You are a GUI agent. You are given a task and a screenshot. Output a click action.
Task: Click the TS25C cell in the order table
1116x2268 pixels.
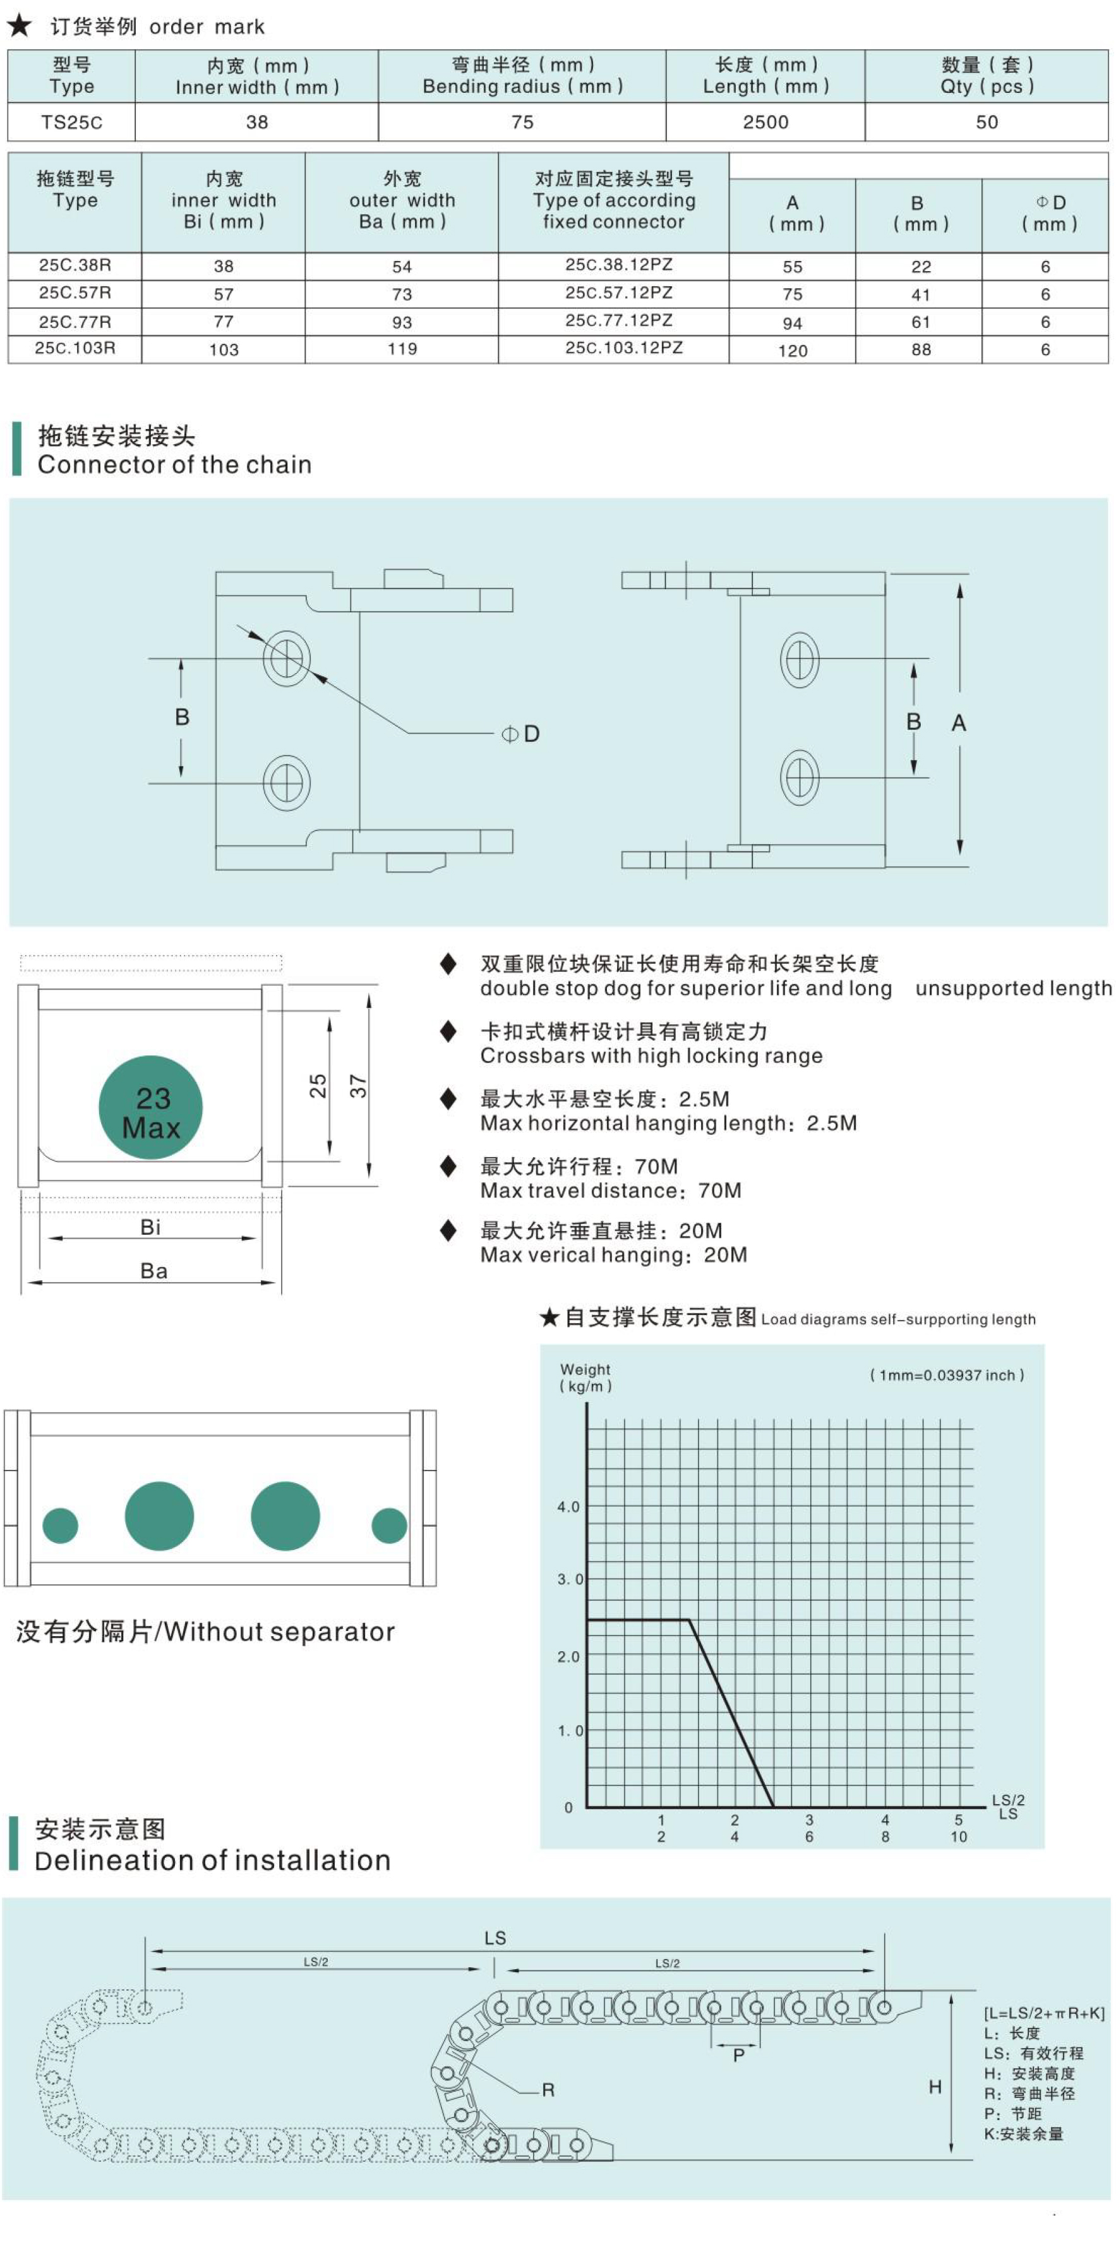point(71,123)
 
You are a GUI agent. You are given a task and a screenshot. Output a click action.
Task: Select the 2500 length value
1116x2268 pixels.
point(765,123)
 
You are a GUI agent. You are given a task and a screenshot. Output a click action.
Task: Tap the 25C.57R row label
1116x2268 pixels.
point(75,293)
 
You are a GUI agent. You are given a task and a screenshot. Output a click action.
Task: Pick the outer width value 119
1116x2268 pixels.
point(402,349)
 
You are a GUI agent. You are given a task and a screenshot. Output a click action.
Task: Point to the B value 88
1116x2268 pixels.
point(921,349)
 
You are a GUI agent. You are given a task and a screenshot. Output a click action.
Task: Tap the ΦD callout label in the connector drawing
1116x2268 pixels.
point(521,734)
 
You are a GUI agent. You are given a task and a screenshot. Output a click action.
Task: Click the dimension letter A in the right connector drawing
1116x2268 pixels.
point(959,723)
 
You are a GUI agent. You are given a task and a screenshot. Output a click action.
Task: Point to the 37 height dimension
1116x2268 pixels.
point(358,1086)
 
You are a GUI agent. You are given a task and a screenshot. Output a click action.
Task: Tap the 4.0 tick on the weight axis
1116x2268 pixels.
point(568,1507)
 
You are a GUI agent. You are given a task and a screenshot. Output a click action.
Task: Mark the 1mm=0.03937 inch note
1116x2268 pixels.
point(946,1375)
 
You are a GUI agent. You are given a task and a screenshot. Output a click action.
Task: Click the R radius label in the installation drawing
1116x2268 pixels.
point(548,2089)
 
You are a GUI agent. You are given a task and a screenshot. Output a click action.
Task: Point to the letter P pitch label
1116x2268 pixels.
point(738,2055)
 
